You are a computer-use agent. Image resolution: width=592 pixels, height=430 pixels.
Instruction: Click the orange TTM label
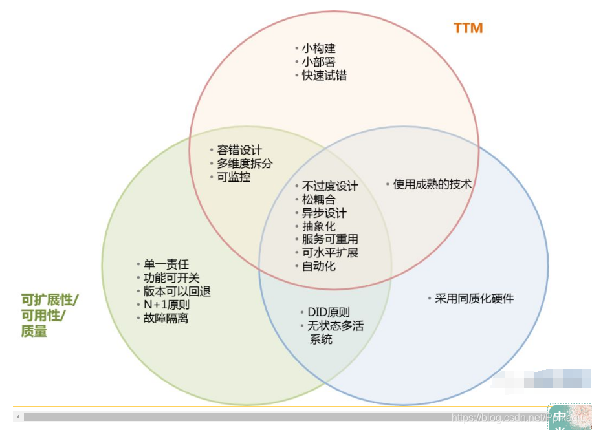[468, 28]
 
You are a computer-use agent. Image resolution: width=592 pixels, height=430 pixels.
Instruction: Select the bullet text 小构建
[318, 48]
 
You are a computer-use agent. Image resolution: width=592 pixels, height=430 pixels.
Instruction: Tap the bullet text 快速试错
[323, 75]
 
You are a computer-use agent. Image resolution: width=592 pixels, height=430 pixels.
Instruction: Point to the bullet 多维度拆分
[245, 164]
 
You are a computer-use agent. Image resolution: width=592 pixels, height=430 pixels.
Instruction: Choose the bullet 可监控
[234, 177]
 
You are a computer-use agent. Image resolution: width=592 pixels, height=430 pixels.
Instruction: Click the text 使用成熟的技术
[432, 184]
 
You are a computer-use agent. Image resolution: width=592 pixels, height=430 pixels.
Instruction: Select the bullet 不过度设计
[330, 186]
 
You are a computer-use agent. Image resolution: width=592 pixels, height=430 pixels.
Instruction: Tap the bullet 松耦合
[318, 200]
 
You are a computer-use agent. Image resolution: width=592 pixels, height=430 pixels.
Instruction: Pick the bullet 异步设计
[324, 213]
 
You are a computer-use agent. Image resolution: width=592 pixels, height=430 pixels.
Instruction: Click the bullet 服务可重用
[330, 239]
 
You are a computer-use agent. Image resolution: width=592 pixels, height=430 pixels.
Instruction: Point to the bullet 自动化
[318, 266]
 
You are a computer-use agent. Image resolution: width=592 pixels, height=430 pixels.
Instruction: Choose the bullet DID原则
[329, 312]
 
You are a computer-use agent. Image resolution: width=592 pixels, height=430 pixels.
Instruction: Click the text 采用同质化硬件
[474, 298]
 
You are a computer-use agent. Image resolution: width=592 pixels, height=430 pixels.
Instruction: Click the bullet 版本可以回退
[177, 291]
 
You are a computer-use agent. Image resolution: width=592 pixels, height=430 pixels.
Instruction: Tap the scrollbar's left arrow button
[18, 416]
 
